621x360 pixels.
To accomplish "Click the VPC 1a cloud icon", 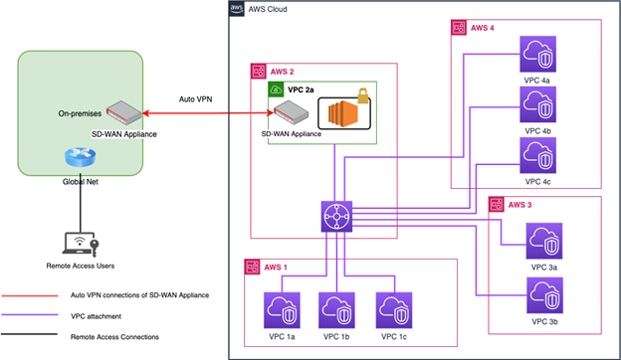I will (x=281, y=309).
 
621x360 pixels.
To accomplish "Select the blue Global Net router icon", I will (x=77, y=158).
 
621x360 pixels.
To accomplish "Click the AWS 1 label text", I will (x=278, y=268).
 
